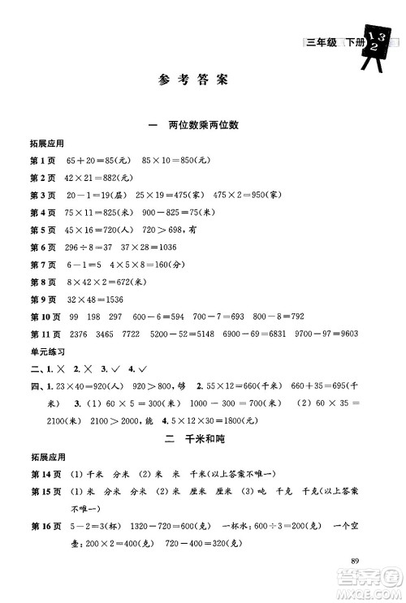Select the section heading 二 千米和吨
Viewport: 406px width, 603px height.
203,443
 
